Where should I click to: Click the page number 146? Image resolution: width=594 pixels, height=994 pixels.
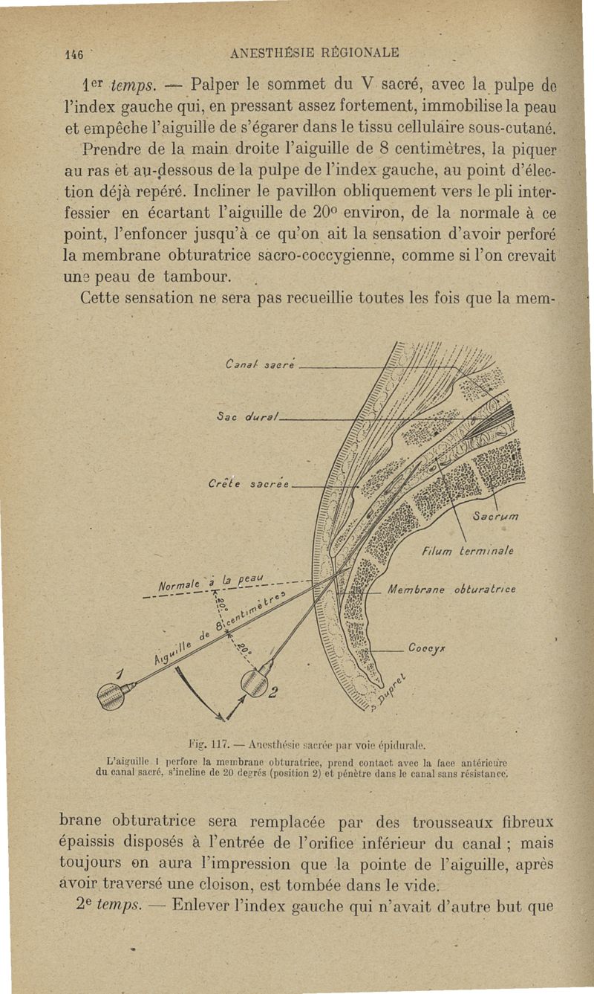pyautogui.click(x=73, y=54)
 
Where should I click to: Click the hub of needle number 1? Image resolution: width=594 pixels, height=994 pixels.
pyautogui.click(x=113, y=695)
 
